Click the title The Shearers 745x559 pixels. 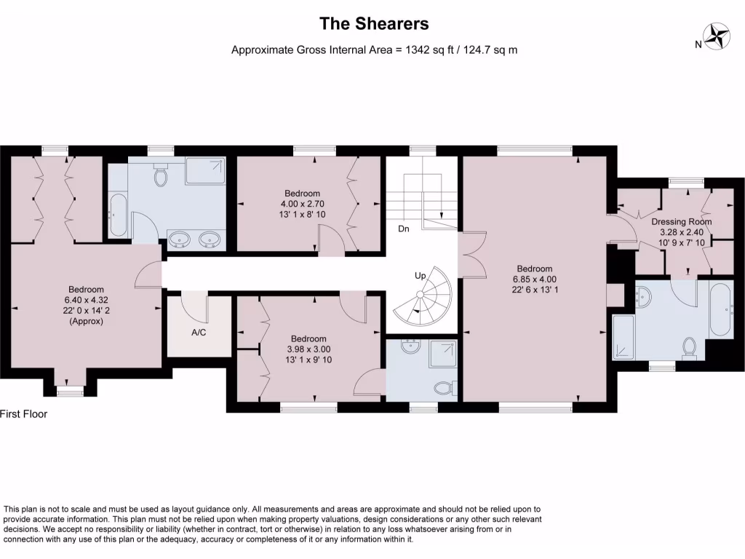374,23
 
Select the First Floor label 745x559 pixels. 23,414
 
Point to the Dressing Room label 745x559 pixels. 681,221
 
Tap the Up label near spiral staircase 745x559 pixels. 421,277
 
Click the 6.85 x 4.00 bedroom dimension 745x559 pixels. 535,279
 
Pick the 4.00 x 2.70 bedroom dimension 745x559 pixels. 302,204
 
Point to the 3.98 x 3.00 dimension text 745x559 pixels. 308,349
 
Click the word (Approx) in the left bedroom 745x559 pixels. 87,320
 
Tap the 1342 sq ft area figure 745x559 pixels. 428,50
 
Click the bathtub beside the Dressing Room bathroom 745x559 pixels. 720,310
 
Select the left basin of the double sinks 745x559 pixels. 178,239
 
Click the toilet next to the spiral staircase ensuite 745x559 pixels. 443,389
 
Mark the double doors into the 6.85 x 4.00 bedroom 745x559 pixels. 470,255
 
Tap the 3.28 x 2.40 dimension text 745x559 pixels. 681,232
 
